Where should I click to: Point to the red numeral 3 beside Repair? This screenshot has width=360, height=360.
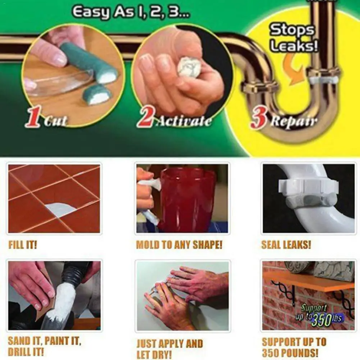click(259, 120)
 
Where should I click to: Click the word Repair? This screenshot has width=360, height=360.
click(294, 121)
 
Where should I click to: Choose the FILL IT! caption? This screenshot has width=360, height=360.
click(23, 245)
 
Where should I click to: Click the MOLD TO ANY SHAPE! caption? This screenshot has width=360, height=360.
click(179, 245)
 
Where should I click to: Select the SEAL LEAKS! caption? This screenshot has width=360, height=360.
click(286, 245)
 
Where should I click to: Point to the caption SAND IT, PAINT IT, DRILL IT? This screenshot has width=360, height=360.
click(45, 346)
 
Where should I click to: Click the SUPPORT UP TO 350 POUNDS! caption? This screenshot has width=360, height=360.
click(294, 347)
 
